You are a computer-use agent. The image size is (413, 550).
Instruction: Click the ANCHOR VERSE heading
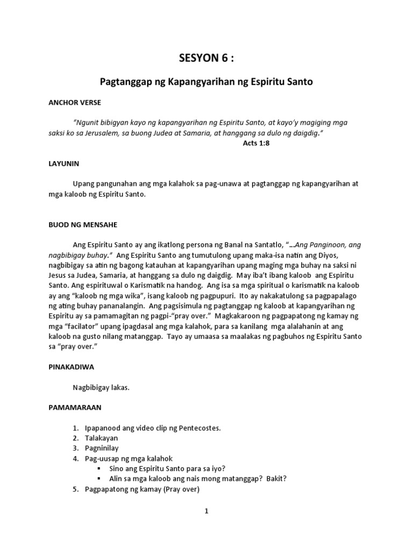point(75,102)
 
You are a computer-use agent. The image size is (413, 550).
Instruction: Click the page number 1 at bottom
point(206,511)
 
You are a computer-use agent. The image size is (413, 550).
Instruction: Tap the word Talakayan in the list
point(101,438)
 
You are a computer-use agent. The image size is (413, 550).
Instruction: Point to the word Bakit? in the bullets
point(276,479)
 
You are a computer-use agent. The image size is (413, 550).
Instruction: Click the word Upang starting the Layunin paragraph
point(83,184)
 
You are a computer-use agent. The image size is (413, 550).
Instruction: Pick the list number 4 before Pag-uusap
point(75,458)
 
